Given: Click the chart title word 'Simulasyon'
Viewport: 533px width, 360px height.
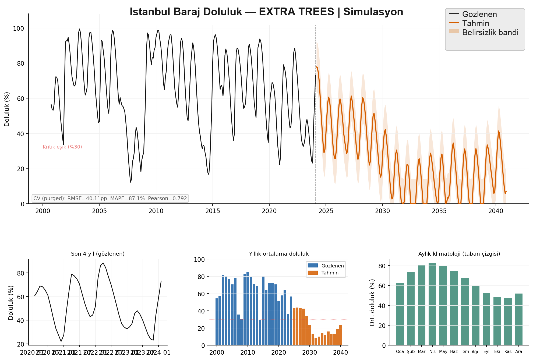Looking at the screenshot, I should click(373, 12).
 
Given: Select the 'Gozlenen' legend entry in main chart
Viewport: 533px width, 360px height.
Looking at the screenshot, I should click(479, 14).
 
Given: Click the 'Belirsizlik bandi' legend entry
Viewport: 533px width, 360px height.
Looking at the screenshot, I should click(490, 33).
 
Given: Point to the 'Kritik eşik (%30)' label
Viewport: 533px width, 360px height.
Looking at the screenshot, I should click(62, 147).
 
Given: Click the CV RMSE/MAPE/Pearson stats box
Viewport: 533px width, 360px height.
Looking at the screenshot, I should click(110, 199).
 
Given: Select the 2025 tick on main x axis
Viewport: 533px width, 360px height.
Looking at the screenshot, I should click(326, 211).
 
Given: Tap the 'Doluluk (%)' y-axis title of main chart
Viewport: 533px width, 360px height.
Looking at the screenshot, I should click(7, 109).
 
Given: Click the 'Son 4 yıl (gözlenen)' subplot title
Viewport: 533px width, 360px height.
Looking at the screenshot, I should click(98, 254).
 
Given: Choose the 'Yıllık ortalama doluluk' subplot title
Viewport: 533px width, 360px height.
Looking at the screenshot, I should click(279, 254).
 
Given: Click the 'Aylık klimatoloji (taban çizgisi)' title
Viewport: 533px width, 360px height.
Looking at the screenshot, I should click(459, 254).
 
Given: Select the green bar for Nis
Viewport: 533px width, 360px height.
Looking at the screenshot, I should click(432, 304).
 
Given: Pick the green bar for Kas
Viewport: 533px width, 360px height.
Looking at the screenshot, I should click(508, 321).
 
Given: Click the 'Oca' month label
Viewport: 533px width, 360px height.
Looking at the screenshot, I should click(400, 352).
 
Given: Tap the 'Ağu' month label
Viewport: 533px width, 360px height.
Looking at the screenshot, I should click(475, 352).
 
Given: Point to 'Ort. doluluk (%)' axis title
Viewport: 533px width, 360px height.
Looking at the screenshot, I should click(372, 302).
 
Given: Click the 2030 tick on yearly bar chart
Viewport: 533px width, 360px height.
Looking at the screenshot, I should click(310, 352).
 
